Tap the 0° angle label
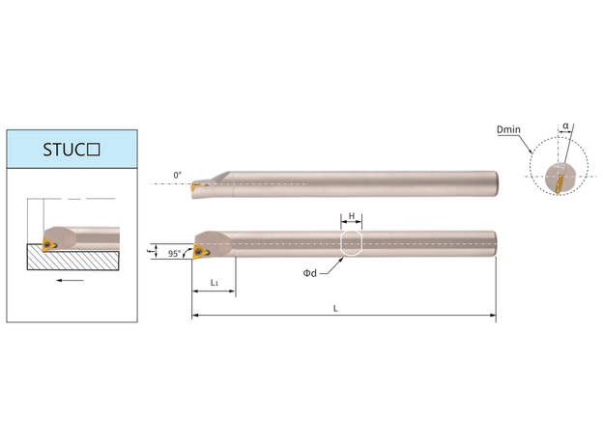[x=177, y=175]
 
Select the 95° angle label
[x=174, y=254]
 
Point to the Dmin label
[x=508, y=129]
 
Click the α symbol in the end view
[x=565, y=125]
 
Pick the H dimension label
[x=352, y=216]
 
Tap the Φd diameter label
[x=310, y=273]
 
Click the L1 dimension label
[x=215, y=283]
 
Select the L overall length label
[x=335, y=309]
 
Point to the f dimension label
[x=150, y=251]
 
